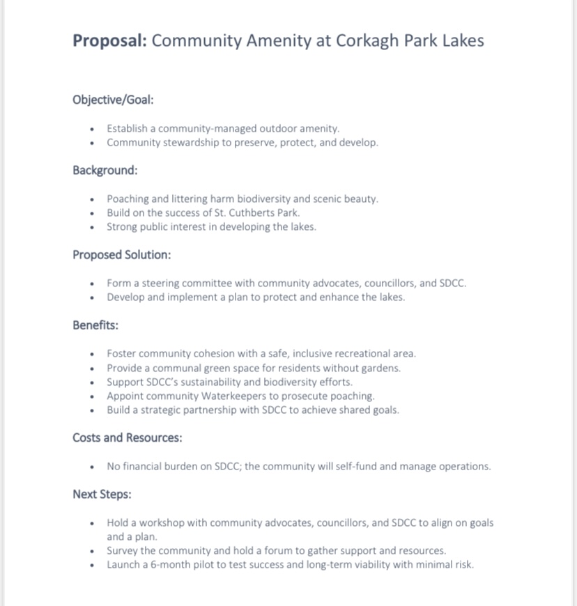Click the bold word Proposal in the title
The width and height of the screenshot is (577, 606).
(x=109, y=40)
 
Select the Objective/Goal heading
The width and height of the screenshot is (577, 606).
(x=113, y=100)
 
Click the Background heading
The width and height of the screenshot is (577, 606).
(x=105, y=170)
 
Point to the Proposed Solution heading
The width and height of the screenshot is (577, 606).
(x=121, y=254)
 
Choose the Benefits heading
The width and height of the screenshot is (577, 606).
(x=95, y=325)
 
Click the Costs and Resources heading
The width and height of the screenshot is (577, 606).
(x=128, y=437)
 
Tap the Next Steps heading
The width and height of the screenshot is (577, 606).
(x=102, y=494)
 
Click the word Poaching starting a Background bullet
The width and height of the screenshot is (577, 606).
(x=128, y=199)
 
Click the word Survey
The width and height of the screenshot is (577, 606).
(x=123, y=550)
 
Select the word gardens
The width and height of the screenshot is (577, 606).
(x=382, y=368)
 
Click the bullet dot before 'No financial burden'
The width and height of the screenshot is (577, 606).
(x=92, y=467)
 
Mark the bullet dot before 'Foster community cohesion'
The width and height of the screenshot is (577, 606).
(x=92, y=354)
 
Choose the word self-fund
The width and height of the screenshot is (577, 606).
(x=359, y=466)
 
